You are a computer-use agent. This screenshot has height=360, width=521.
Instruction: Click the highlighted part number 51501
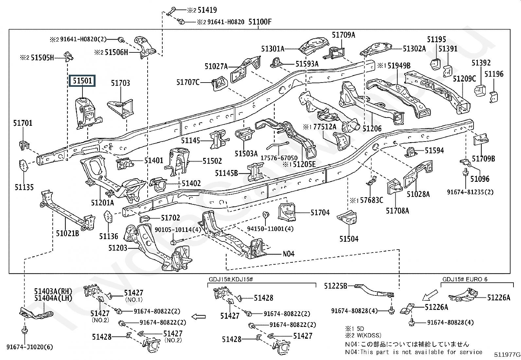(x=82, y=81)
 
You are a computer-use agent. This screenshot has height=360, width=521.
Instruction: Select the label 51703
(x=120, y=83)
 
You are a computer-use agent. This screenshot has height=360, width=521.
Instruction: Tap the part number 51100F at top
(x=260, y=22)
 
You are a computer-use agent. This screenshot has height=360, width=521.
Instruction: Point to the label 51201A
(x=102, y=203)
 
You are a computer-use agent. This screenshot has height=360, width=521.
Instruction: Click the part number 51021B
(x=67, y=233)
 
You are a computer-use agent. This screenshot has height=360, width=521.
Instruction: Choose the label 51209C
(x=464, y=79)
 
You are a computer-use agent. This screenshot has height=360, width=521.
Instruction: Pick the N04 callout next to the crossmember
(x=288, y=254)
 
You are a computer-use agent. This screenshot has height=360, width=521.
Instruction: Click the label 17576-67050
(x=279, y=158)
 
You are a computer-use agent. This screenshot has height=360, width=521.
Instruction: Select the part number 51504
(x=349, y=239)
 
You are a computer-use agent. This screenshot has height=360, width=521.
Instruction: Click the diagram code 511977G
(x=507, y=354)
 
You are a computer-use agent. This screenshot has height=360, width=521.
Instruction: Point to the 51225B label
(x=335, y=286)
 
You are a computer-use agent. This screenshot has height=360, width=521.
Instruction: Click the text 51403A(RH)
(x=53, y=291)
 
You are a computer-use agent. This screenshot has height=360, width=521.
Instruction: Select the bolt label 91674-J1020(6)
(x=29, y=347)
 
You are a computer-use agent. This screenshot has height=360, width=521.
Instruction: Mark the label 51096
(x=480, y=179)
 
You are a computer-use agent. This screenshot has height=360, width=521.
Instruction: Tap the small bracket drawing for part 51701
(x=25, y=144)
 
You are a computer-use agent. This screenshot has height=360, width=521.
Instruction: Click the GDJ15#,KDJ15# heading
(x=231, y=279)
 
